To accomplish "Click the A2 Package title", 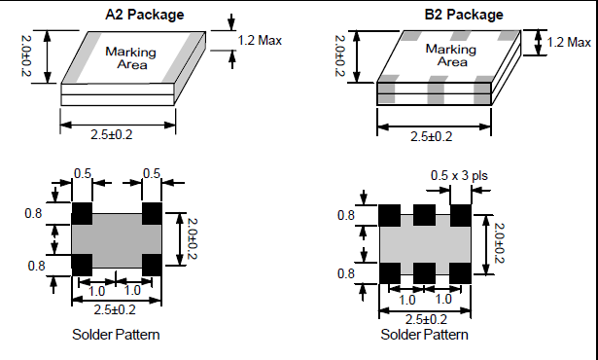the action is (x=145, y=15).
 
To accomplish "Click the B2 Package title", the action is (x=464, y=15).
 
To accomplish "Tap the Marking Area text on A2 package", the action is (x=131, y=58).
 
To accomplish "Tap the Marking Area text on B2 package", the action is (x=451, y=55).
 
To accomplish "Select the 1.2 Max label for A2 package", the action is (x=260, y=40).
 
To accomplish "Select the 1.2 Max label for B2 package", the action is (x=569, y=42).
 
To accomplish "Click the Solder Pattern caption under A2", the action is (x=116, y=335).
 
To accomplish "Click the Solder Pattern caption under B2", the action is (x=425, y=335).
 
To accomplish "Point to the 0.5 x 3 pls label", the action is (x=459, y=175).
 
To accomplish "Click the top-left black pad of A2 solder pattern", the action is (x=82, y=213).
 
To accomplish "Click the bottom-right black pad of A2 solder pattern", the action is (x=152, y=265).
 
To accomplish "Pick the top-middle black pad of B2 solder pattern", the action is (x=425, y=215).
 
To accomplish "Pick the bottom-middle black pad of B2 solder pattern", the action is (x=425, y=272).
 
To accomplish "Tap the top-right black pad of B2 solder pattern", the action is (x=460, y=215).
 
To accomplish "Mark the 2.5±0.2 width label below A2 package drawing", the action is (x=112, y=135).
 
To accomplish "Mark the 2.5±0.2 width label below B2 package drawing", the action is (x=432, y=136).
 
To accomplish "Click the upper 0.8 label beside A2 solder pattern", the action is (x=33, y=213).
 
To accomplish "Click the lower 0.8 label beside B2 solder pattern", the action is (x=346, y=273).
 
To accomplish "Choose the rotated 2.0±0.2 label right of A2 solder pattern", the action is (x=193, y=238).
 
